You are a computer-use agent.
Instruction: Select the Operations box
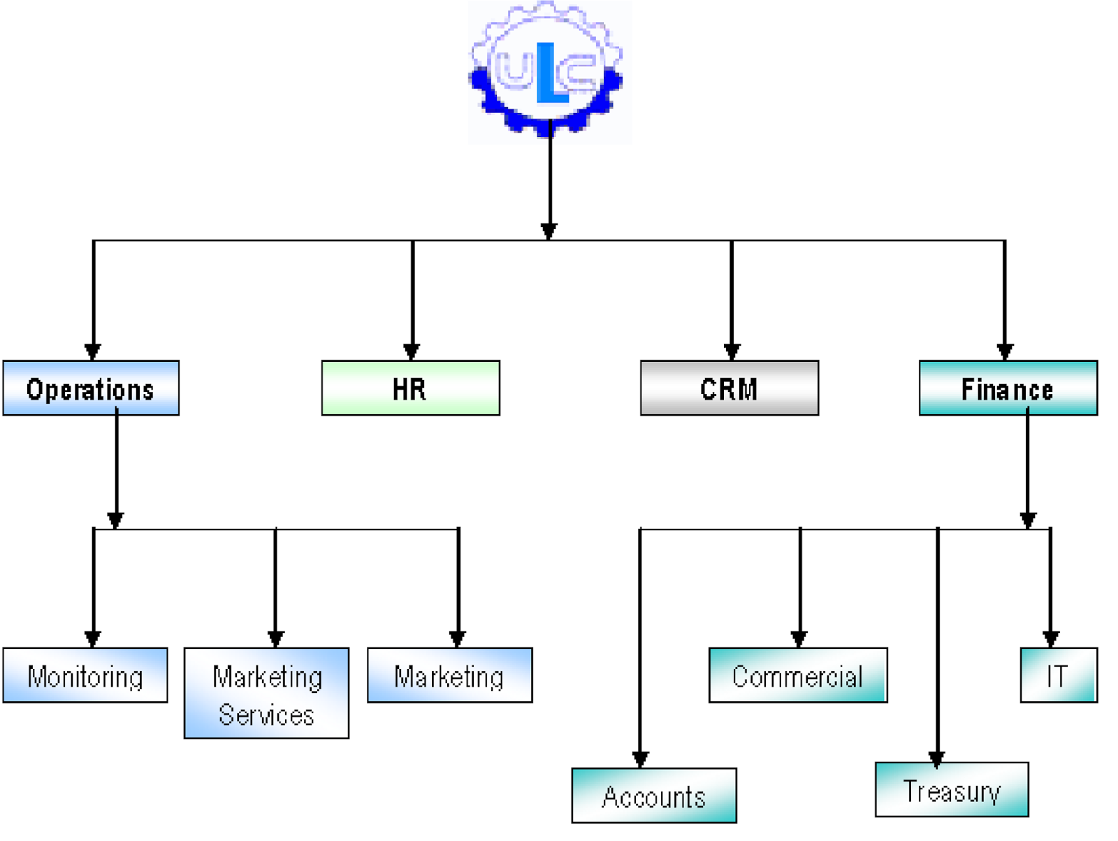(x=91, y=388)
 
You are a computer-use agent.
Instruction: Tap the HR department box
(x=410, y=388)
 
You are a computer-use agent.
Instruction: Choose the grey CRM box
(x=729, y=388)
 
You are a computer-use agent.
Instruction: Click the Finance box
(x=1008, y=388)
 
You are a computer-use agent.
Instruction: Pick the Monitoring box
(x=85, y=675)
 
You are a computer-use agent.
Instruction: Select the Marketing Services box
(x=266, y=693)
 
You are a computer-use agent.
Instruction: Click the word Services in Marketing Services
(x=266, y=715)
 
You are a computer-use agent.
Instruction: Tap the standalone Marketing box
(x=449, y=675)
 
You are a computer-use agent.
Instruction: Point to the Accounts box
(x=653, y=796)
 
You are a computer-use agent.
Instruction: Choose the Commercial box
(x=797, y=675)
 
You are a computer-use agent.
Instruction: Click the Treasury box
(x=951, y=790)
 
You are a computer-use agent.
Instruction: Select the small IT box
(x=1058, y=675)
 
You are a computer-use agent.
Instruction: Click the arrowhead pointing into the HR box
(x=412, y=351)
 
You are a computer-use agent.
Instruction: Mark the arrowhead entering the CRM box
(x=732, y=351)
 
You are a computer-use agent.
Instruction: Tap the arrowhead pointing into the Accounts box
(x=640, y=759)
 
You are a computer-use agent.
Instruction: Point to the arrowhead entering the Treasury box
(x=936, y=759)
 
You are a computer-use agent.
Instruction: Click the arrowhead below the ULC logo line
(x=549, y=231)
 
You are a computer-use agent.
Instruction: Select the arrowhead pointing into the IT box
(x=1050, y=638)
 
